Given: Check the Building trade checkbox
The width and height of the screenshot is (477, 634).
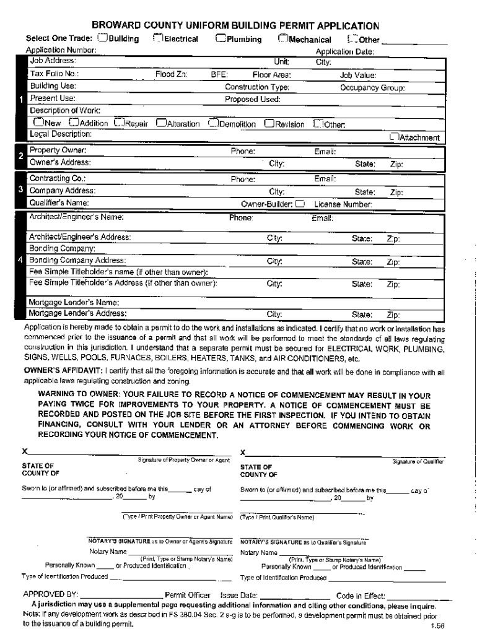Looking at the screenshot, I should pos(103,38).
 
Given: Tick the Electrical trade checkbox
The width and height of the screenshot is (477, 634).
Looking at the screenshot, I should pos(158,38).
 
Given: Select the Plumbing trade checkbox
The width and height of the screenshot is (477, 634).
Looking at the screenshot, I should pos(221,38).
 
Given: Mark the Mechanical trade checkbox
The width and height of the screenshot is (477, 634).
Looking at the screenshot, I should pos(283,38).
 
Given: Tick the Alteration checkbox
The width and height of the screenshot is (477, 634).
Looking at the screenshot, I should pos(162,123).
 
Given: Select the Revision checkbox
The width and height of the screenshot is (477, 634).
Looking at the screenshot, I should pos(269,123).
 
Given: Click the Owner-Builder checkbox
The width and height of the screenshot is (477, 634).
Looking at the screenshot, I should pos(300,202).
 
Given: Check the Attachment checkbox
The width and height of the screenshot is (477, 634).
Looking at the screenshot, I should pos(393,137).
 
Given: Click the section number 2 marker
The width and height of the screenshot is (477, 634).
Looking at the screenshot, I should pos(21,156).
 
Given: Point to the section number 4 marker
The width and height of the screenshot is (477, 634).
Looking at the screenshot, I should pos(21,260).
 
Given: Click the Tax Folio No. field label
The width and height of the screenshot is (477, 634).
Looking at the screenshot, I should pos(55,74).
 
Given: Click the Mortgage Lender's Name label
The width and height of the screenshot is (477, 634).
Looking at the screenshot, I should pos(74,302).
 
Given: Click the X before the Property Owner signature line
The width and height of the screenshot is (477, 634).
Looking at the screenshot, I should pos(25,451).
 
